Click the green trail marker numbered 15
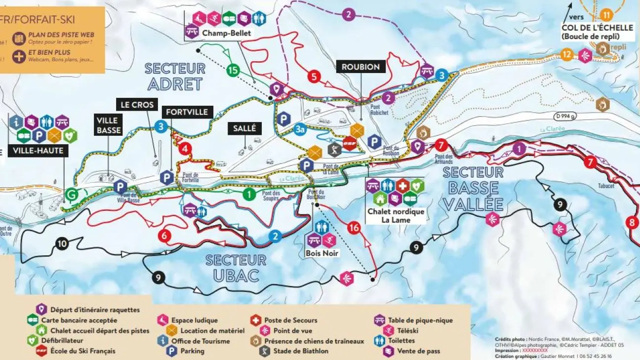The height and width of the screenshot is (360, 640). click(233, 70)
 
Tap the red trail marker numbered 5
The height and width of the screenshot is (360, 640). click(313, 77)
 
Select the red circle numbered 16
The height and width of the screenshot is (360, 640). click(353, 228)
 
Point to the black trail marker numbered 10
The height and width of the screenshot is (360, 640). click(62, 243)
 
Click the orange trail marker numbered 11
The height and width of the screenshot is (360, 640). click(606, 14)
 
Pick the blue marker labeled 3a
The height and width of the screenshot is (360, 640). click(300, 129)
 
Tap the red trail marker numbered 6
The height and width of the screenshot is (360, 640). click(164, 236)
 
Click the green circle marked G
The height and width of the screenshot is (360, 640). click(72, 195)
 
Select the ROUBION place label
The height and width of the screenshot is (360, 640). click(360, 67)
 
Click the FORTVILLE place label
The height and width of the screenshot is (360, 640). click(187, 112)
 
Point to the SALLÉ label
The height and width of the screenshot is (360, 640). click(244, 128)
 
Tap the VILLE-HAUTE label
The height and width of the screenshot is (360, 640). click(39, 151)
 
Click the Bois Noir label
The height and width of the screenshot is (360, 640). click(321, 253)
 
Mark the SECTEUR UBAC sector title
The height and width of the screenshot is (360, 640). click(236, 268)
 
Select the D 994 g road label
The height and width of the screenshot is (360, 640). click(565, 117)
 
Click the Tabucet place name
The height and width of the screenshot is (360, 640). click(606, 186)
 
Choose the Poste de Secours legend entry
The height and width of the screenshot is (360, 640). click(290, 320)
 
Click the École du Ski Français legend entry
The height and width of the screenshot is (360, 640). click(82, 351)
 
